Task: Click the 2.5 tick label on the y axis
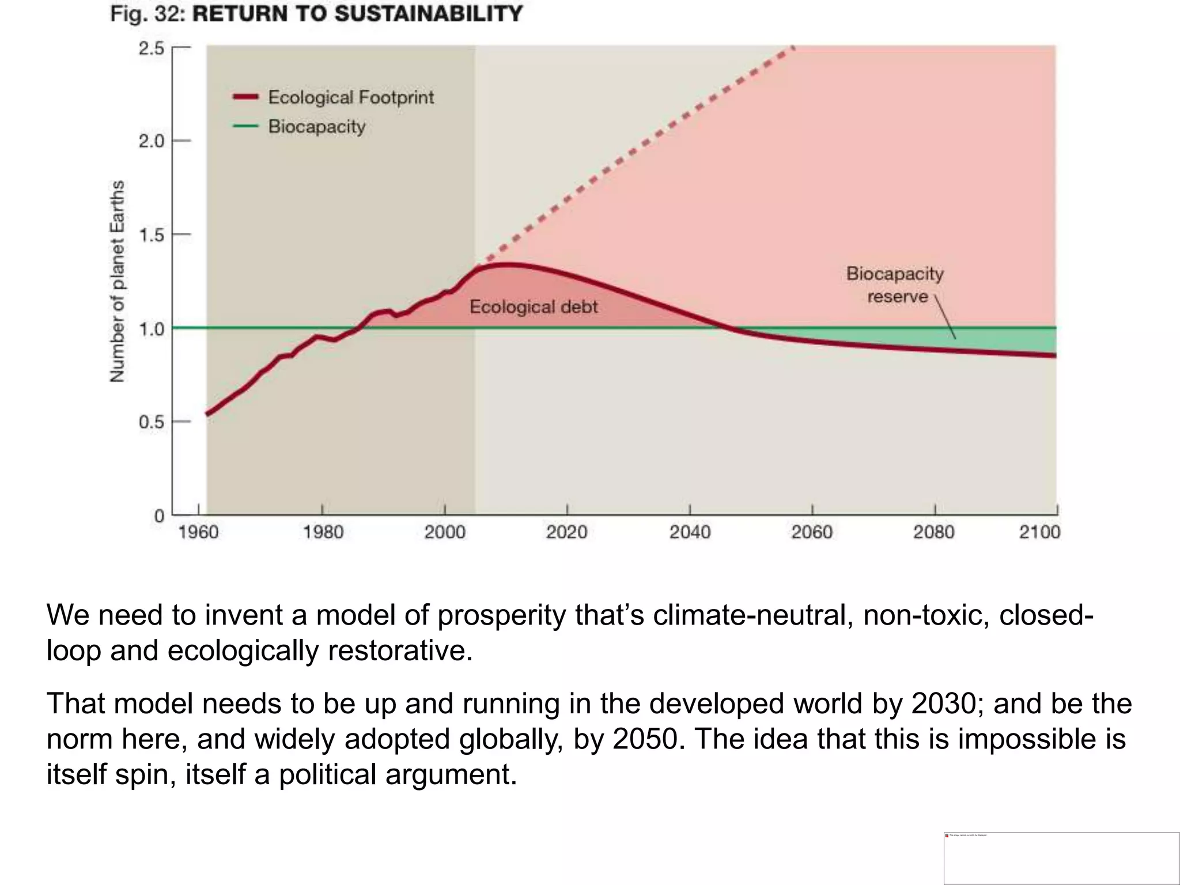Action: point(151,48)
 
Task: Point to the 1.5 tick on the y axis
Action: point(151,235)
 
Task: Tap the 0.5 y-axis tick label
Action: point(151,422)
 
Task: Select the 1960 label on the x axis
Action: point(198,531)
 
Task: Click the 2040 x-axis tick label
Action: point(690,531)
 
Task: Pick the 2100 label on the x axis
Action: point(1039,531)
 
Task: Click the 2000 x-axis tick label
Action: point(444,531)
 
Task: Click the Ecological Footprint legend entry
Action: point(350,97)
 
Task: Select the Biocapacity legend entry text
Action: point(317,126)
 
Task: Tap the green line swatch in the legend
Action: point(245,126)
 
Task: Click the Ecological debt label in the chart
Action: point(534,307)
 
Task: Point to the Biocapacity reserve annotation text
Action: point(895,285)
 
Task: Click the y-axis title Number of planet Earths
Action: point(118,281)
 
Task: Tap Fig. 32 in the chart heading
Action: point(147,14)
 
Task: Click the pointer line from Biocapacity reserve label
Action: point(945,317)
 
